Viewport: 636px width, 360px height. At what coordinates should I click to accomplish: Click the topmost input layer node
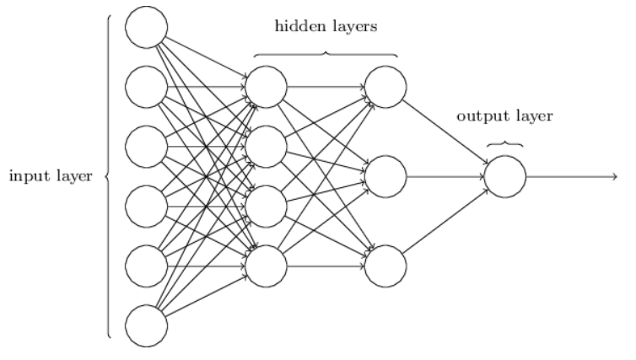(x=146, y=27)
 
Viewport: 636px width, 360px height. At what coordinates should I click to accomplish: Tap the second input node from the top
(x=146, y=86)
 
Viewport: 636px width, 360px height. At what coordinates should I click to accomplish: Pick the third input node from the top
(x=146, y=145)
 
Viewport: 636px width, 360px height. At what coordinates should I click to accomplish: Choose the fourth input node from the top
(x=146, y=204)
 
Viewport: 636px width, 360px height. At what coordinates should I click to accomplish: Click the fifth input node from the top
(x=146, y=264)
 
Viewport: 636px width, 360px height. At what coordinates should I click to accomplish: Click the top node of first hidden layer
(x=266, y=86)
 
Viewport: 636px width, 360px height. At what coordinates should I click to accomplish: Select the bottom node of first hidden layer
(x=266, y=264)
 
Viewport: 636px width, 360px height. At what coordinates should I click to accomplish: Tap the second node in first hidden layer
(x=266, y=145)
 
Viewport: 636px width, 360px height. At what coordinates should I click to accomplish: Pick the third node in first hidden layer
(x=266, y=204)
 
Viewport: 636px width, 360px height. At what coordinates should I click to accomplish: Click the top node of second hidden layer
(x=385, y=86)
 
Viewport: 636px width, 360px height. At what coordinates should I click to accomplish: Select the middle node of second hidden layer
(x=385, y=175)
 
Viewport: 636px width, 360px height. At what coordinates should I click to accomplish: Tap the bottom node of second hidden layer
(x=385, y=264)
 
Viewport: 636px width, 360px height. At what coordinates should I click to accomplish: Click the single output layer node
(x=505, y=175)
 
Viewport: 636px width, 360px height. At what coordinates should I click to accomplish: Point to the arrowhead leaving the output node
(x=613, y=175)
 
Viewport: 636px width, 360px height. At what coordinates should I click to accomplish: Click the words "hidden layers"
(x=326, y=26)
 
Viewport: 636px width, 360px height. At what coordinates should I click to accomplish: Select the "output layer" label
(x=505, y=116)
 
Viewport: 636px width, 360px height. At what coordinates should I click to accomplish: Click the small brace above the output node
(x=505, y=143)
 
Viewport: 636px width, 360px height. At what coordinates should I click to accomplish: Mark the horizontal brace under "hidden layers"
(x=326, y=54)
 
